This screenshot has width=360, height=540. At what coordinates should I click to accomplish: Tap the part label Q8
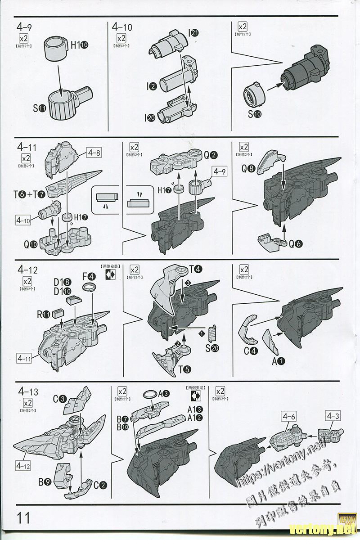pyautogui.click(x=248, y=169)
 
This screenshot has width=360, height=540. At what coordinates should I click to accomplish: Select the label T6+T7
pyautogui.click(x=29, y=194)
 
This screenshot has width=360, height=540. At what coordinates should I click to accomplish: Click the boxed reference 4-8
pyautogui.click(x=95, y=153)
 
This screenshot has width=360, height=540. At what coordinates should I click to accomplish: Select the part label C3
pyautogui.click(x=60, y=399)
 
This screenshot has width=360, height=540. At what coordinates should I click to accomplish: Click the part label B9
pyautogui.click(x=44, y=482)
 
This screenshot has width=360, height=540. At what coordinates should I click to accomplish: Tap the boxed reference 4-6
pyautogui.click(x=288, y=416)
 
